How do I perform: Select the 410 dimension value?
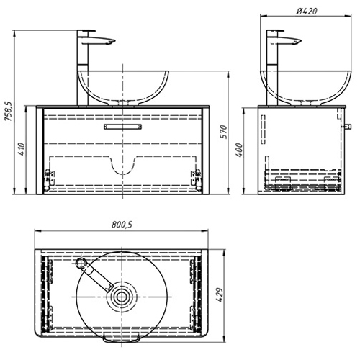22,149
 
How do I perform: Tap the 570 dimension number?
223,132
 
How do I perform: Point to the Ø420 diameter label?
307,11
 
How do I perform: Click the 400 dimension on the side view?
239,150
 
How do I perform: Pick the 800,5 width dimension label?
122,225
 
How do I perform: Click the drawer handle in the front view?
122,127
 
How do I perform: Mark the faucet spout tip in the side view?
299,42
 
